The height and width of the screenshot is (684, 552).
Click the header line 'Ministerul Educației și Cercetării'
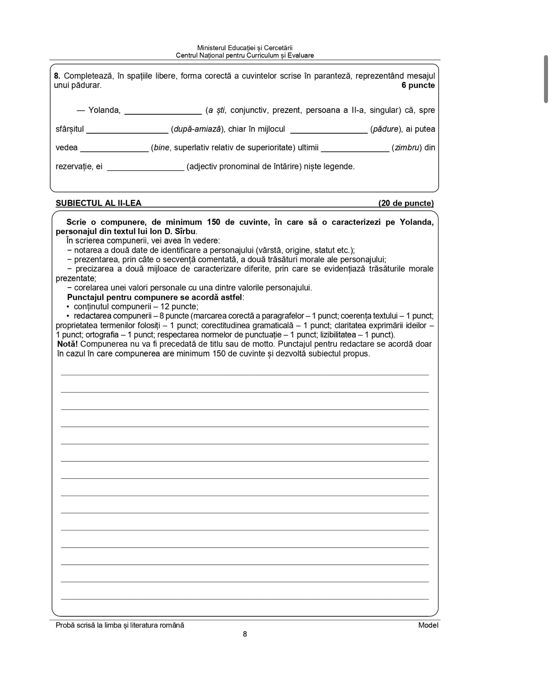click(x=244, y=48)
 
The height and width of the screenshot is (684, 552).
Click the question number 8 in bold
click(x=56, y=76)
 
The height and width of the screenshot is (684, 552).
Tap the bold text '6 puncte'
click(x=418, y=85)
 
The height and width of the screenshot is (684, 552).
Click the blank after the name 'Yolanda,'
click(x=163, y=111)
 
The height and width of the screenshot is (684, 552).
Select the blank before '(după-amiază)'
click(x=127, y=130)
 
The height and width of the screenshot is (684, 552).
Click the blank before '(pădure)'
click(x=328, y=130)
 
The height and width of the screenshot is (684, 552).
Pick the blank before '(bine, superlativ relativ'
click(x=114, y=149)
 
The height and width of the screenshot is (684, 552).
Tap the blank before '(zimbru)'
click(x=355, y=149)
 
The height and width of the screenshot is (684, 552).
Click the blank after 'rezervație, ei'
click(x=145, y=168)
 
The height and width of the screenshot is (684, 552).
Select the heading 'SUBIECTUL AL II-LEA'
click(x=98, y=203)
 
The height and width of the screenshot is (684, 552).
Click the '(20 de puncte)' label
click(x=406, y=203)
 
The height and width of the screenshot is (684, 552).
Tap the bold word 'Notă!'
click(x=68, y=344)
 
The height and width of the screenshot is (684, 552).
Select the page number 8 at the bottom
click(x=245, y=634)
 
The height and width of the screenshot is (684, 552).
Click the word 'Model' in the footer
click(x=428, y=625)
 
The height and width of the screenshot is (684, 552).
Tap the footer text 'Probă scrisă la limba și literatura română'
click(x=120, y=625)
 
